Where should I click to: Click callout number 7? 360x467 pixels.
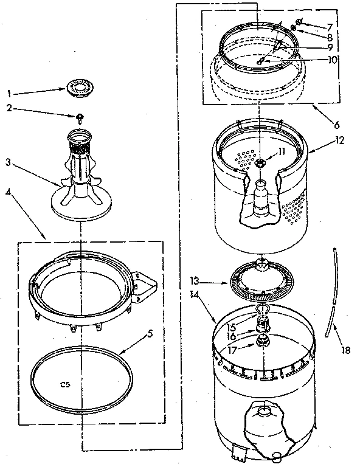[329, 27]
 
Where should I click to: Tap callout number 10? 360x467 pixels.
[332, 60]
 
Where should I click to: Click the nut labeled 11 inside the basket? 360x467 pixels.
[261, 162]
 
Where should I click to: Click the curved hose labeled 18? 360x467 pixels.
[333, 292]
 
